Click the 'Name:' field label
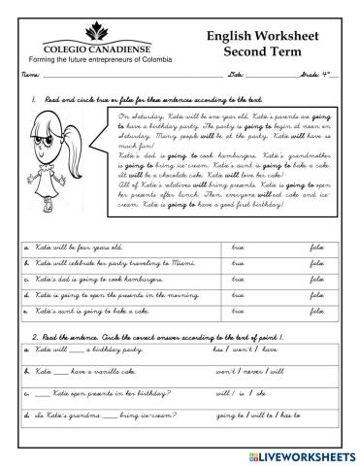28,75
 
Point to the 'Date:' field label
236,75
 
